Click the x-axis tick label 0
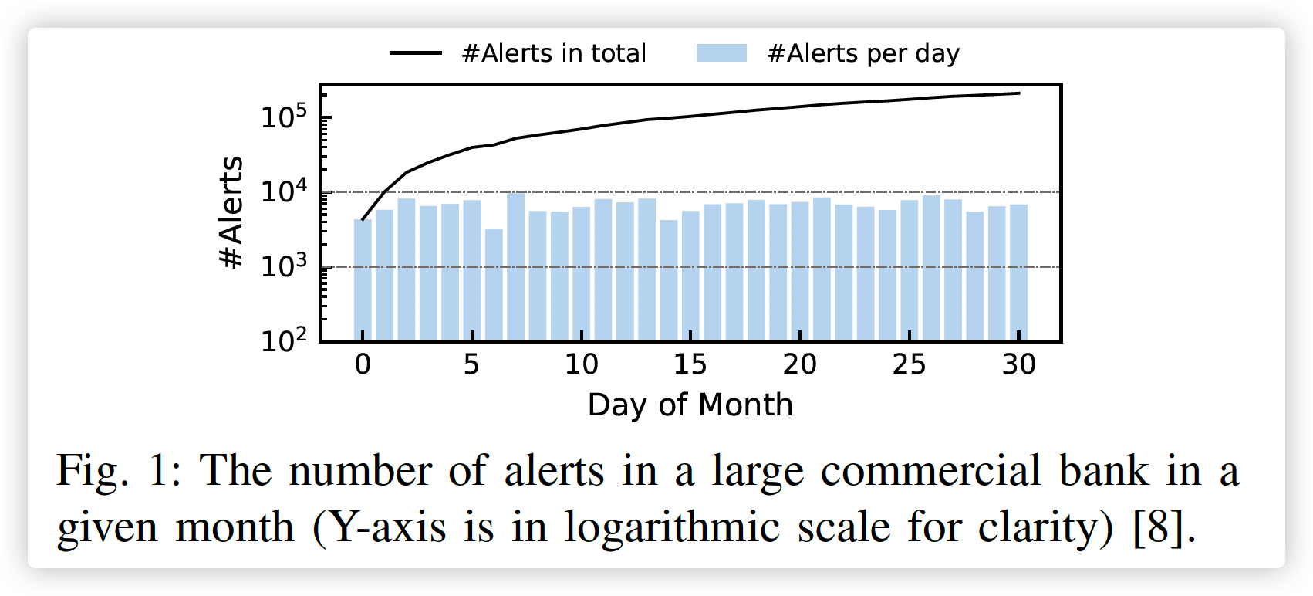pos(363,364)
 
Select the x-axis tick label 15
pos(690,364)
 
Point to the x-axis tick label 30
pos(1018,364)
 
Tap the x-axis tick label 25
pos(909,364)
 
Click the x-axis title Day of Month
pos(690,405)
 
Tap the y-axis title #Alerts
pos(231,212)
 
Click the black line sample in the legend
pos(416,53)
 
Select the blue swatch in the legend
pos(721,53)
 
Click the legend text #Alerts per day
pos(863,53)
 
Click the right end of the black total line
pos(1018,93)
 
